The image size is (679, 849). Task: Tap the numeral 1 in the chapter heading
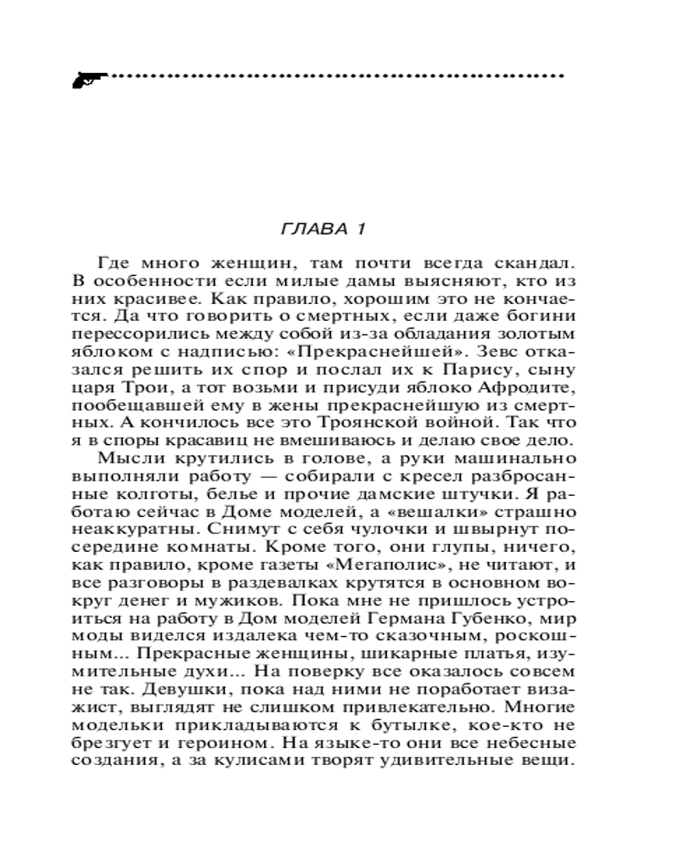pyautogui.click(x=360, y=229)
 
